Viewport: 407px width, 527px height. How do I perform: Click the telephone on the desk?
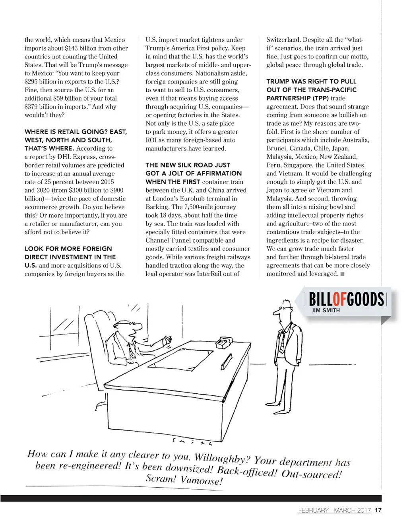224,342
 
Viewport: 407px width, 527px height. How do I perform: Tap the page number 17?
378,510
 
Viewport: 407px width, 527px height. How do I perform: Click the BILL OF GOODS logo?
346,299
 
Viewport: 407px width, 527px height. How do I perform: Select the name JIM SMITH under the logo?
326,310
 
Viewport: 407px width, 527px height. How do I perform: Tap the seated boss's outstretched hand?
169,341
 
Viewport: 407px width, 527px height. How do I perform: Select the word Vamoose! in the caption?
202,480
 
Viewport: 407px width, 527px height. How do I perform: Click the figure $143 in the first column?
71,48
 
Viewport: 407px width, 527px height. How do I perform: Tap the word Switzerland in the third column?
283,40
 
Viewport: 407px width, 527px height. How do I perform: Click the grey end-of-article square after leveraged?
343,274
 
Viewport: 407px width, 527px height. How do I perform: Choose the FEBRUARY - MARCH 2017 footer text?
334,510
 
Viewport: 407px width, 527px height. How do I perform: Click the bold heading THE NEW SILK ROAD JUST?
188,165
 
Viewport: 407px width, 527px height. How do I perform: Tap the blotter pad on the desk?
183,358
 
